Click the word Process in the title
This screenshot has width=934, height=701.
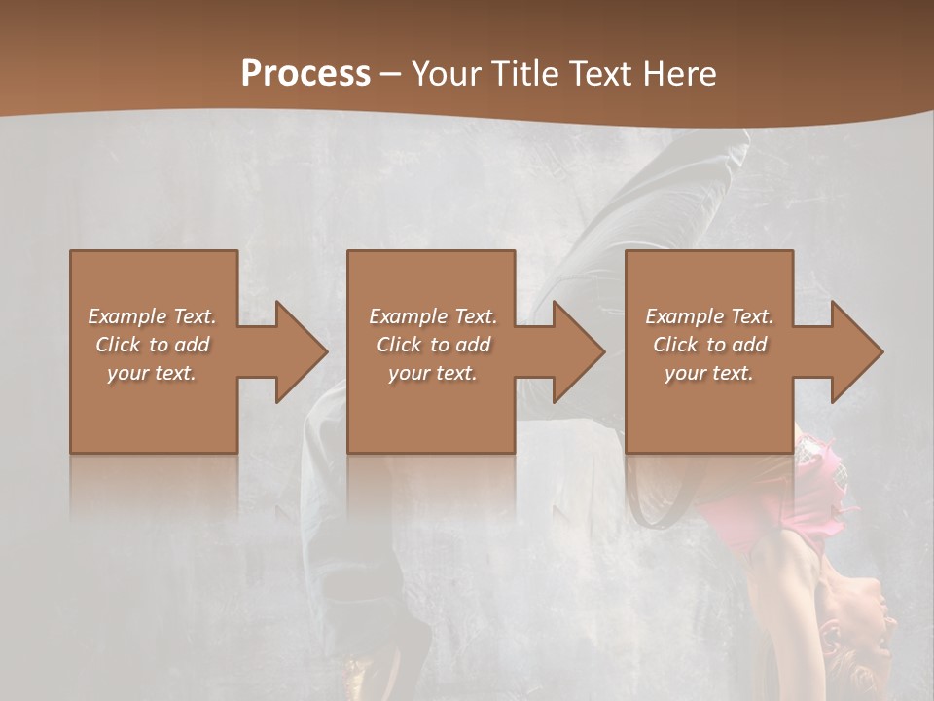point(305,73)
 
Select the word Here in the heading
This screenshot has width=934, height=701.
point(680,73)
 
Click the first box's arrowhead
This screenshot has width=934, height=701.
point(298,351)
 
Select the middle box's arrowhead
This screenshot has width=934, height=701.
point(576,351)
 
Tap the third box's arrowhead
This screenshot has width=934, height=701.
point(854,351)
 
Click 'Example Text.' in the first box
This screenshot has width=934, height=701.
point(153,316)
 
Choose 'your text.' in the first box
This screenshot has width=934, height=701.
point(153,373)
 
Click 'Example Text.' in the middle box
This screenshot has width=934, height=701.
point(433,316)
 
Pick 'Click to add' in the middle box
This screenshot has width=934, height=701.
point(433,345)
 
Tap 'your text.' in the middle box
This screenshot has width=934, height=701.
point(433,373)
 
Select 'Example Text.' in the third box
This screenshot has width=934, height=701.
point(709,316)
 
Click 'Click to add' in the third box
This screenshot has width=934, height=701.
point(709,345)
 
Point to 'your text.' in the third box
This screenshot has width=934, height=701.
point(709,373)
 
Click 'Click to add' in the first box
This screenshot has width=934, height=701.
point(153,345)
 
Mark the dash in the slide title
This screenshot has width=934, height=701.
point(391,75)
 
